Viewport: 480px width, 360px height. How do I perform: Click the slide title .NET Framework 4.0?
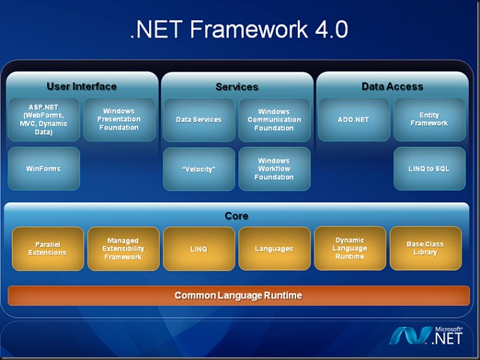pos(239,29)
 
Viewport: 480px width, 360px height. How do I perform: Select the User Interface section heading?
pos(82,86)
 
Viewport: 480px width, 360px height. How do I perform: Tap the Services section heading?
pos(237,87)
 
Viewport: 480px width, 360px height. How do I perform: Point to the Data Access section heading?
pos(392,86)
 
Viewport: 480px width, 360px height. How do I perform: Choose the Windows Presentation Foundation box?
pos(120,119)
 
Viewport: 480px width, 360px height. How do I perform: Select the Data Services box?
pos(199,119)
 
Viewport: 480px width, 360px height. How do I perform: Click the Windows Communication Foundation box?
pos(274,119)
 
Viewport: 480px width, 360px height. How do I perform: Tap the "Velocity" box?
pos(199,169)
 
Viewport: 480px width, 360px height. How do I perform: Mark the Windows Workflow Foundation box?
pos(274,169)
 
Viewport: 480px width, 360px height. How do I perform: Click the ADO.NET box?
pos(353,119)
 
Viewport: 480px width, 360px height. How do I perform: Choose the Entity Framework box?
pos(429,119)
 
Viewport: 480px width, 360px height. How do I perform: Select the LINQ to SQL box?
pos(429,169)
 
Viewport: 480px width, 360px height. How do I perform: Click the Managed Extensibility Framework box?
pos(123,248)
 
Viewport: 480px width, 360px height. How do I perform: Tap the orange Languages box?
pos(274,248)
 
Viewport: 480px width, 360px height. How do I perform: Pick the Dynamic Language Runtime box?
pos(349,248)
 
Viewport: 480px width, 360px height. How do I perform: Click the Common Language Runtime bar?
pos(238,295)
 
